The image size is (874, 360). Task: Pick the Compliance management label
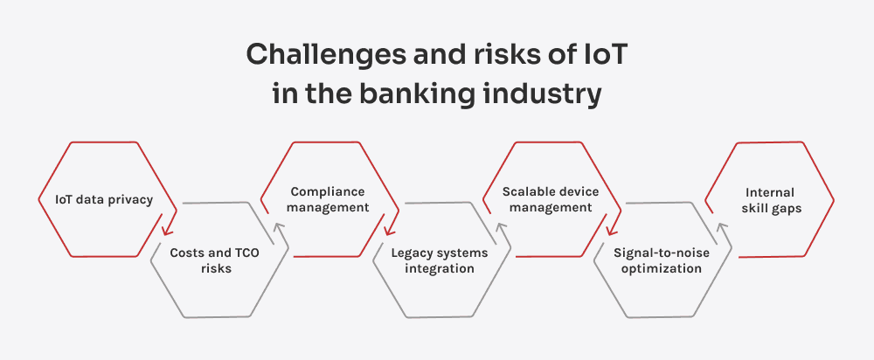pyautogui.click(x=329, y=199)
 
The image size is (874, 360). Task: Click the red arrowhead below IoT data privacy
pyautogui.click(x=166, y=231)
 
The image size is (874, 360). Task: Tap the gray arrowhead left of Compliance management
pyautogui.click(x=278, y=229)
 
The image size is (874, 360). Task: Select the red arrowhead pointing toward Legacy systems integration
pyautogui.click(x=388, y=231)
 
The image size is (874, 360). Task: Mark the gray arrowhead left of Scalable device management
pyautogui.click(x=500, y=229)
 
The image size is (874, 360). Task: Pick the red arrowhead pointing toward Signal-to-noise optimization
pyautogui.click(x=610, y=231)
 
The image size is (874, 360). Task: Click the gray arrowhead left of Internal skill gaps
pyautogui.click(x=722, y=229)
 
